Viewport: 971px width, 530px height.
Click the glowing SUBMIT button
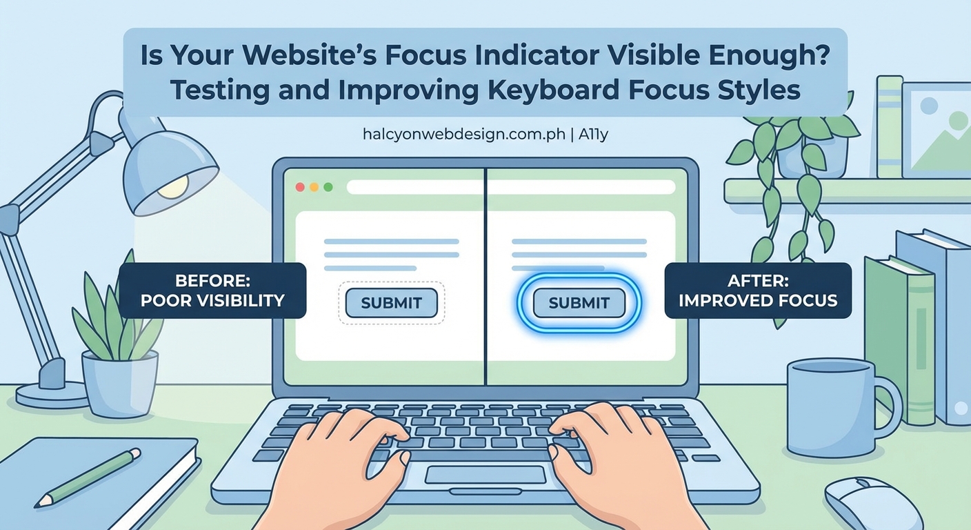click(579, 303)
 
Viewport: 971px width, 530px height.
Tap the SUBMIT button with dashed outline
click(391, 303)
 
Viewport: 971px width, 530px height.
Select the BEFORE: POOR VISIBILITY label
click(212, 291)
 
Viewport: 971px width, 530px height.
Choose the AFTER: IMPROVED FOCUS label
click(758, 291)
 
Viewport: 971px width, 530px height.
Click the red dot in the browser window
click(300, 187)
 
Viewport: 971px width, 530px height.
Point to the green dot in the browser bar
click(328, 187)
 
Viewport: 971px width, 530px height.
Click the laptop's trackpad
click(485, 475)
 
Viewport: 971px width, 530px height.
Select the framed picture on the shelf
click(936, 131)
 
